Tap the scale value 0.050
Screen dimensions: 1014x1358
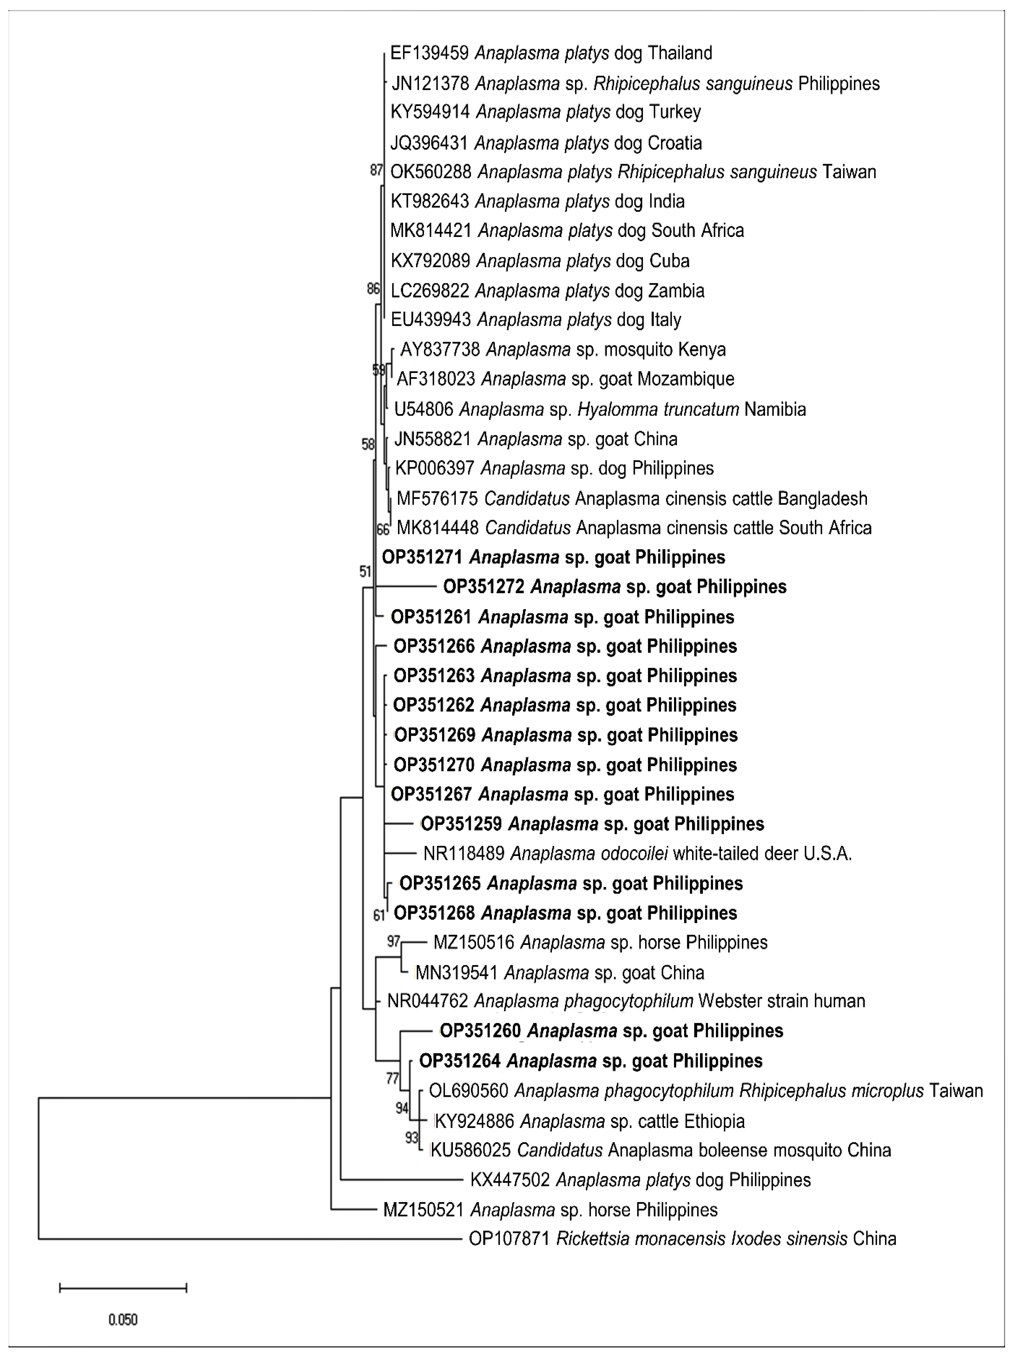tap(123, 1320)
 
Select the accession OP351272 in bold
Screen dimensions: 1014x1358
tap(484, 587)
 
